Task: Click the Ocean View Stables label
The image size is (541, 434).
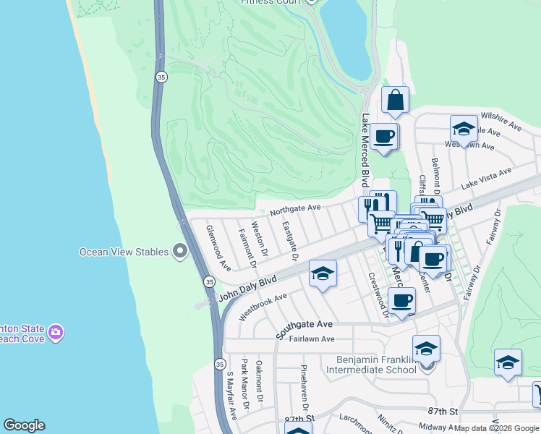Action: point(123,252)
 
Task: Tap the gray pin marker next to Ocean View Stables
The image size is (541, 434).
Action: point(180,252)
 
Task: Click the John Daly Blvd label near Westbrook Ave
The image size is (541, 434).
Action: point(248,288)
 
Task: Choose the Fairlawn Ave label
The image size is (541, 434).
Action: point(312,339)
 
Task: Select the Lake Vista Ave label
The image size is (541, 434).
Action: point(486,177)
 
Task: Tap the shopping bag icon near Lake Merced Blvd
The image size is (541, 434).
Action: point(395,101)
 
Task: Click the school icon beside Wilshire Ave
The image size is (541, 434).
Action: point(464,129)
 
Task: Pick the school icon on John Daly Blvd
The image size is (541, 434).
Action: point(323,273)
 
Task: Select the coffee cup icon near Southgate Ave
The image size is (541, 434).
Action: point(402,300)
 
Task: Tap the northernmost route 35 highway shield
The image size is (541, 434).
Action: point(161,77)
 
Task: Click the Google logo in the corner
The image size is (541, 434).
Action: point(24,425)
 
